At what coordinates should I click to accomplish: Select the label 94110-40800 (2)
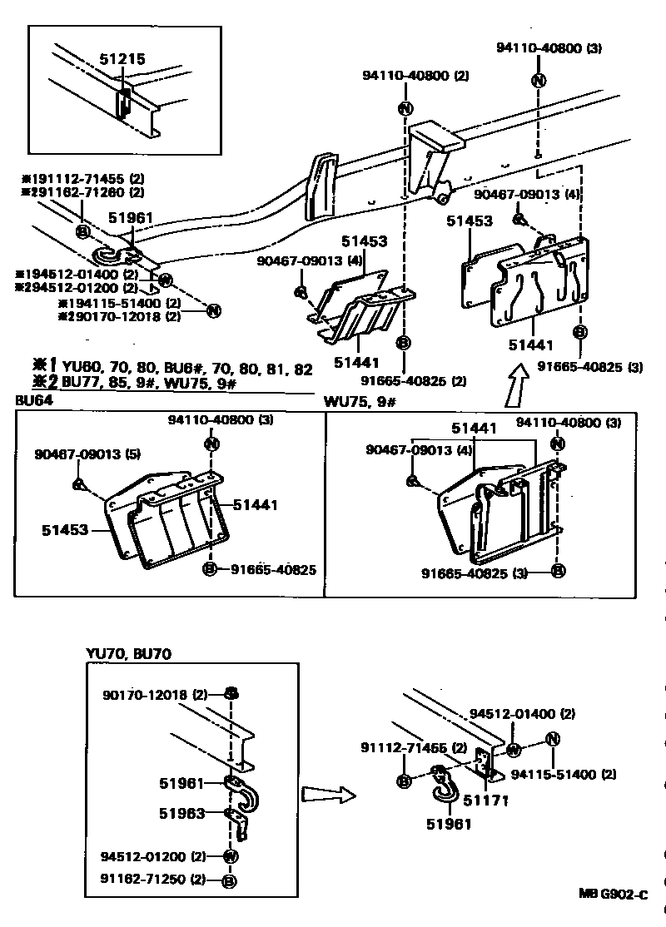point(415,76)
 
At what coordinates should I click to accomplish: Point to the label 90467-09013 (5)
point(80,455)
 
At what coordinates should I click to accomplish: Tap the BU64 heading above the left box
point(32,400)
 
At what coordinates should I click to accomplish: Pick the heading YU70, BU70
point(128,654)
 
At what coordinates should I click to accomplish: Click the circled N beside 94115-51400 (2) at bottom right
point(552,740)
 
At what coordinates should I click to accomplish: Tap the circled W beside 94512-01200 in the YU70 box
point(231,856)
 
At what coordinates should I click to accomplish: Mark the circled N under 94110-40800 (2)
point(405,108)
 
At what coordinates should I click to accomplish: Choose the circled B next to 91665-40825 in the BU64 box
point(211,569)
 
